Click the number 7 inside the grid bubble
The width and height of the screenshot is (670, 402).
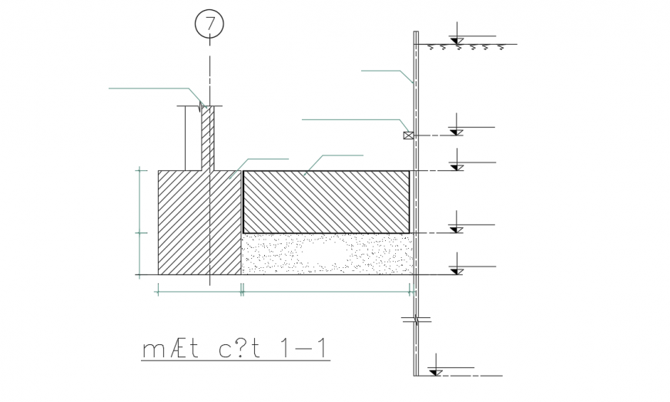pos(209,24)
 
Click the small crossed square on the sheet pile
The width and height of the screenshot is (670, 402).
pos(408,136)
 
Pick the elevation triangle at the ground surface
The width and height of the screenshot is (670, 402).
pos(457,40)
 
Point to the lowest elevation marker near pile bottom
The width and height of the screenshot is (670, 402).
pos(436,372)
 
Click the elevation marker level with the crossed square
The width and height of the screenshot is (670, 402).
pos(457,132)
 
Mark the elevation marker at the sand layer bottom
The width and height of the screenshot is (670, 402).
pos(457,270)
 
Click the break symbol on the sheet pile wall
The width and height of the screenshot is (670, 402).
pos(415,317)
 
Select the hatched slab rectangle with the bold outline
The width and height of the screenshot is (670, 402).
pos(326,202)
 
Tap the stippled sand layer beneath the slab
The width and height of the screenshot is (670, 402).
pos(327,254)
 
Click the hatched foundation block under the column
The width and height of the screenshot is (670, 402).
pos(199,223)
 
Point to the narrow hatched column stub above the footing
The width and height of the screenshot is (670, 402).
pos(206,139)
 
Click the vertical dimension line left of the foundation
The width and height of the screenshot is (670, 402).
pos(139,222)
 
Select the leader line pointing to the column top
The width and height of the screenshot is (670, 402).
pos(154,89)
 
